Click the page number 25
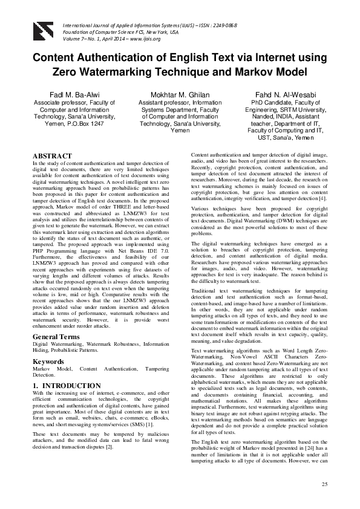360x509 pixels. pos(324,485)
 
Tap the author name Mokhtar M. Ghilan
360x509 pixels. pos(180,96)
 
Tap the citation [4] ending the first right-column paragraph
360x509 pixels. pos(322,198)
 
